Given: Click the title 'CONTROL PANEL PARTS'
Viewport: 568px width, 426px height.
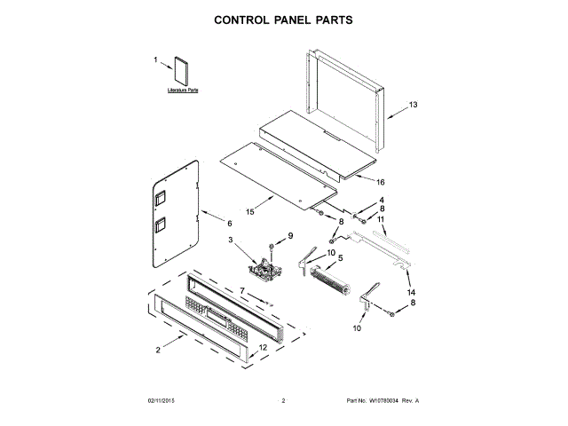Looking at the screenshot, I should tap(284, 19).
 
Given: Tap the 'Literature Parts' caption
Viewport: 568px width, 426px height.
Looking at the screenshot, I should tap(183, 91).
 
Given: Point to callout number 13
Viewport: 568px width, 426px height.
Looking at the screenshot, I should tap(412, 105).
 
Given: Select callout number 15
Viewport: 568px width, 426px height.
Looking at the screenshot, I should tap(250, 212).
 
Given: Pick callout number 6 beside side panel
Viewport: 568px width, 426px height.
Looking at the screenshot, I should tap(229, 224).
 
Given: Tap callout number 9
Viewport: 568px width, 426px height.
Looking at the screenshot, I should tap(288, 234).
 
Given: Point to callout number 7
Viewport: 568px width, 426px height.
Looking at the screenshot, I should tap(241, 290).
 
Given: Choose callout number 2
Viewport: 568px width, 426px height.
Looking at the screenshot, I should tap(158, 351).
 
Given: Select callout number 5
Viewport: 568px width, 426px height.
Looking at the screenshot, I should tap(340, 258).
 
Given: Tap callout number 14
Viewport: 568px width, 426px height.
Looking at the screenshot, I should tap(411, 292).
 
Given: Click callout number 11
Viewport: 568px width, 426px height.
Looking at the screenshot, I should tap(382, 218).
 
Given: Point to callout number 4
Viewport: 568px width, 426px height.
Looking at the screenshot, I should tap(382, 200).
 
